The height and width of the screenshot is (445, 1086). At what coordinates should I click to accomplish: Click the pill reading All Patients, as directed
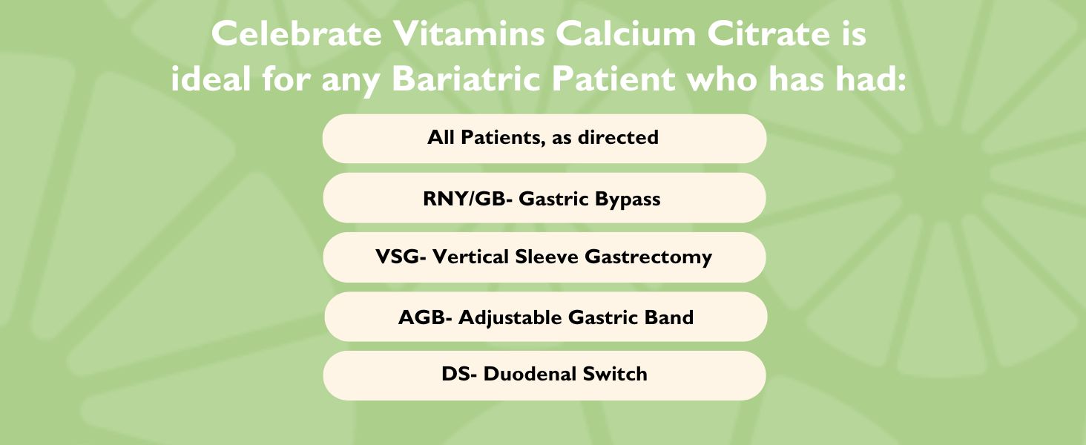click(x=544, y=139)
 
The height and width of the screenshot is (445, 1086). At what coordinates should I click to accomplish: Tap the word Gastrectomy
click(x=648, y=257)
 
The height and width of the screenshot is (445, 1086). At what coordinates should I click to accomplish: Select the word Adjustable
click(x=510, y=317)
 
